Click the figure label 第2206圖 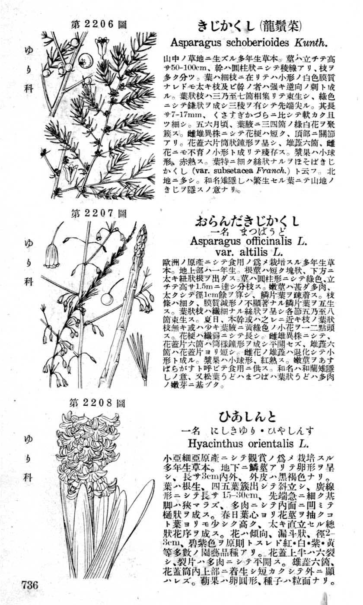click(99, 24)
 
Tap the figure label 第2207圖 click(99, 213)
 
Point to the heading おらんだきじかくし click(247, 222)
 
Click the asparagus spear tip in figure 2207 click(143, 232)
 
